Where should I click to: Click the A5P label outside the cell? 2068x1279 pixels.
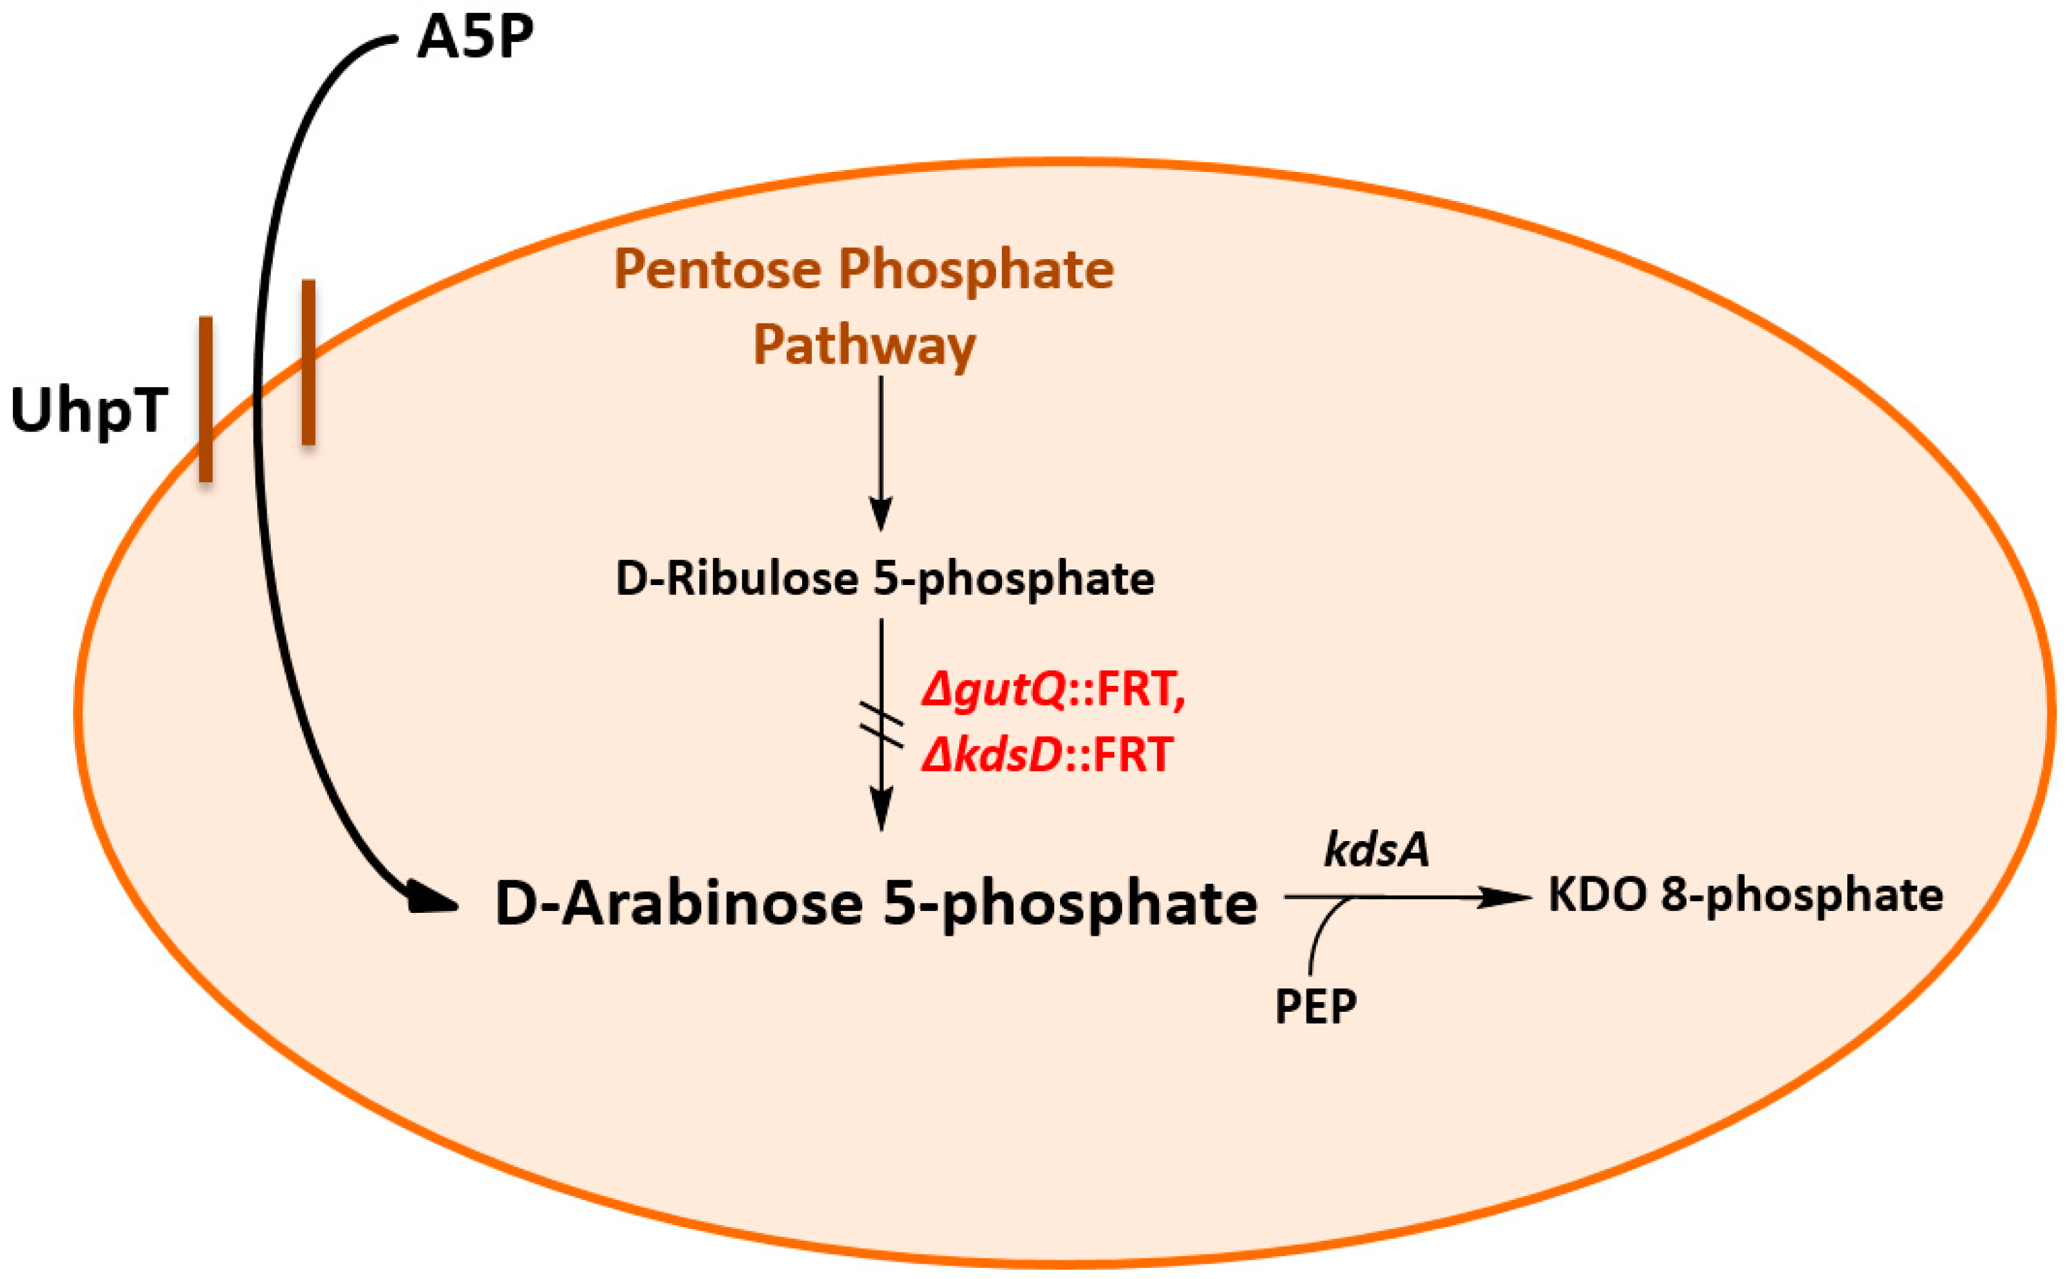pos(476,38)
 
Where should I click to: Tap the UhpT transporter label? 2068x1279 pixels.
pos(89,410)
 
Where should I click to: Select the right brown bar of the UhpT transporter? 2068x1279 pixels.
pos(309,362)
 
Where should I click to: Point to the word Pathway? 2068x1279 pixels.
pos(865,346)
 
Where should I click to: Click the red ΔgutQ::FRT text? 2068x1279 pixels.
pos(1053,690)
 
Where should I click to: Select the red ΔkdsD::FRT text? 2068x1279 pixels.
pos(1047,755)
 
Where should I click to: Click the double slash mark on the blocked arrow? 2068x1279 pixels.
pos(881,725)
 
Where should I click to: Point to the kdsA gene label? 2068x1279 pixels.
pos(1376,850)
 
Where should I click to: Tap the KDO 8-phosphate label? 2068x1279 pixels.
pos(1745,895)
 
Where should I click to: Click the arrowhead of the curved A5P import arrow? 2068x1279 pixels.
pos(432,899)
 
